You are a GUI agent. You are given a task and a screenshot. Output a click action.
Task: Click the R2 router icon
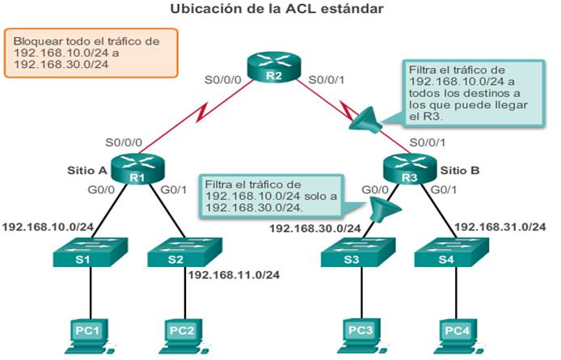(274, 67)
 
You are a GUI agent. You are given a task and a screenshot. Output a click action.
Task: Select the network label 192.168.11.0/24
(234, 275)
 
